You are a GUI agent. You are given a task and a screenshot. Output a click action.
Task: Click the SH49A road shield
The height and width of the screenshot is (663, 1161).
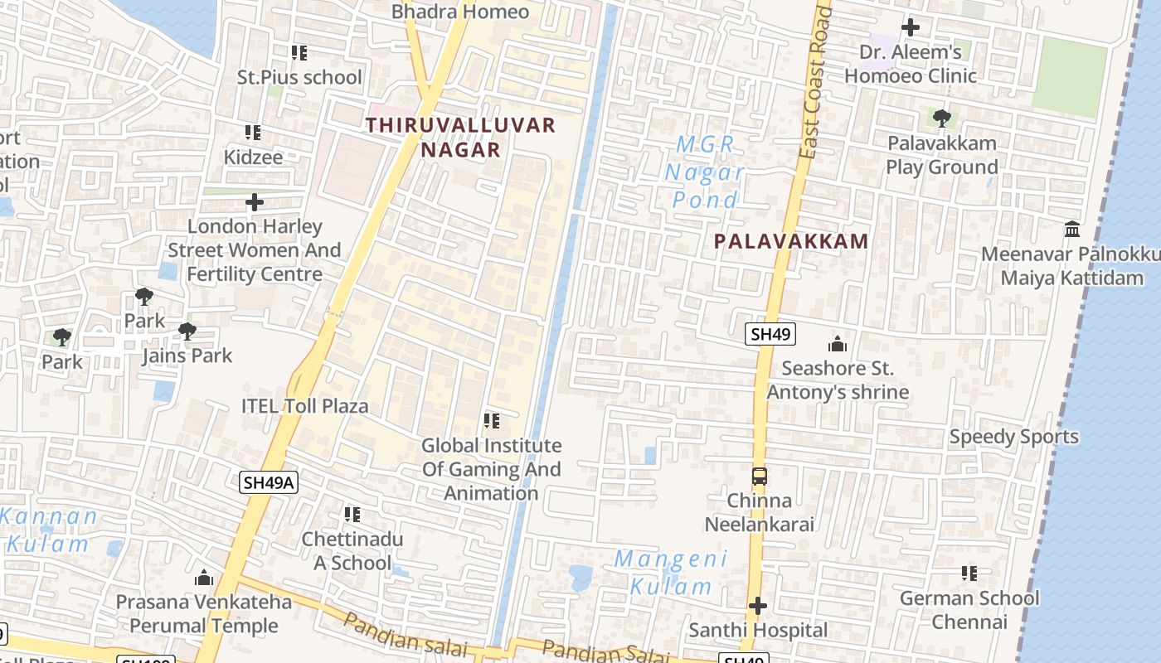(x=269, y=482)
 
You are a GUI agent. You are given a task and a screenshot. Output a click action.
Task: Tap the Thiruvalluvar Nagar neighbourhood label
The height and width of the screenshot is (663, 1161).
(x=461, y=138)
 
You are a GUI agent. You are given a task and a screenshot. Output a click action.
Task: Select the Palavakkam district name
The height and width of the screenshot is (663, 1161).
(x=791, y=241)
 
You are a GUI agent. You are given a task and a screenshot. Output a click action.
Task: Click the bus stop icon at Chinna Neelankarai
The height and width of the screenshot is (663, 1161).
(x=760, y=477)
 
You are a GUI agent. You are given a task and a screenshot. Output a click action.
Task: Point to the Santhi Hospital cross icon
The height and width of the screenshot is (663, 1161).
(x=758, y=607)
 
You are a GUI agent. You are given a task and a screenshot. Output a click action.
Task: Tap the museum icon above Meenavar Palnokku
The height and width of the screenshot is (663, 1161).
(x=1072, y=229)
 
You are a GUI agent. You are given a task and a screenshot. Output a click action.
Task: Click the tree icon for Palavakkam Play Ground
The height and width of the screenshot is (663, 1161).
(x=941, y=119)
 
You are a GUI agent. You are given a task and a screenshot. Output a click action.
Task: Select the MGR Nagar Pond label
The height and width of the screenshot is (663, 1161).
(x=705, y=172)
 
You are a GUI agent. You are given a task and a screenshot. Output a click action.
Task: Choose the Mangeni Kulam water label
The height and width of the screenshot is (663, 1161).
(x=670, y=573)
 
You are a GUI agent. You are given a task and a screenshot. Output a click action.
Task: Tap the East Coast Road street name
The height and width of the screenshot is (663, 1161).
(x=814, y=83)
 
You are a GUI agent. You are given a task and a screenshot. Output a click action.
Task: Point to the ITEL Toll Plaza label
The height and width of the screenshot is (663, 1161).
(x=304, y=406)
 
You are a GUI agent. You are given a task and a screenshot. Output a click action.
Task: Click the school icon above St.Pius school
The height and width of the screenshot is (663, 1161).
(x=299, y=53)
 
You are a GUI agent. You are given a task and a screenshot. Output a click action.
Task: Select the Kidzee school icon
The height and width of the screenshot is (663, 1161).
(x=253, y=133)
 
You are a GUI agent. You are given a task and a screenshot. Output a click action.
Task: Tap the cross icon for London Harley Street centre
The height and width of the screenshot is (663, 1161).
(x=255, y=202)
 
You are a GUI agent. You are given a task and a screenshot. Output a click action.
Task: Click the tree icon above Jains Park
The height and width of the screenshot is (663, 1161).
(x=187, y=331)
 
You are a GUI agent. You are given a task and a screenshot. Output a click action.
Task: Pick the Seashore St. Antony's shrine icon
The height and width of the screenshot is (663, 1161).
(x=838, y=344)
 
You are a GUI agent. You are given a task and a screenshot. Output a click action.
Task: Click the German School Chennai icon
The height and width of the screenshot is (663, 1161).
(x=969, y=573)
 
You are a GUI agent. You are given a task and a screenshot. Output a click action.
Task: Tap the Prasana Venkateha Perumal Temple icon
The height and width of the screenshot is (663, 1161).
(x=204, y=578)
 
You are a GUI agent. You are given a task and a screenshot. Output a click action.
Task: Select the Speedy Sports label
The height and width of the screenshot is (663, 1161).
(x=1013, y=437)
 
